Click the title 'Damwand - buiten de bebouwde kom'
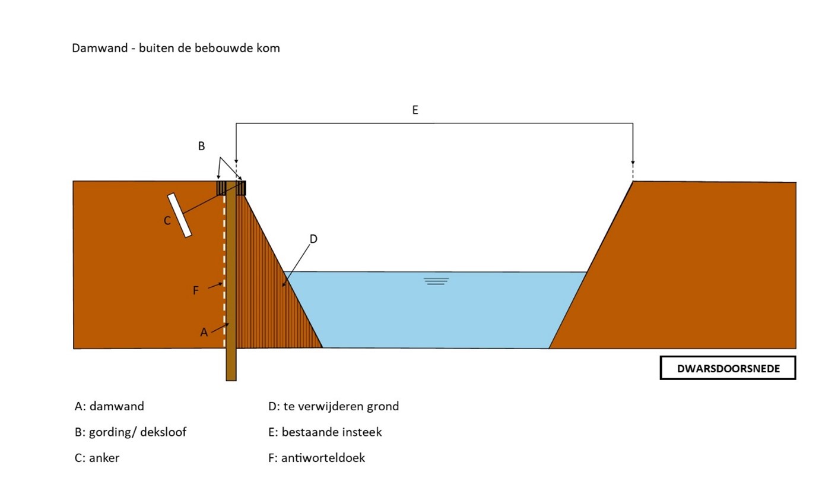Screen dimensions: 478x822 tap(176, 48)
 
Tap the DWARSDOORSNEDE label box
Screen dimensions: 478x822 tap(728, 368)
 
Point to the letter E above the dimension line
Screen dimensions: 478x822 tap(415, 110)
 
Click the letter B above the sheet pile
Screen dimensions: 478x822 tap(201, 146)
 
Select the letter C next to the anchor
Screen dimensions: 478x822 tap(167, 221)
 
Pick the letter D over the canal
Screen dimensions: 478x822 tap(313, 239)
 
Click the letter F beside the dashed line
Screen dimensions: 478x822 tap(196, 290)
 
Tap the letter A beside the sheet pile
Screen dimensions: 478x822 tap(204, 333)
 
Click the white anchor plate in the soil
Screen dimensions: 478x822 tap(180, 215)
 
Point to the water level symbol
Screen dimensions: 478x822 tap(436, 281)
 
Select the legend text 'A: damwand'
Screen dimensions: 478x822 tap(109, 407)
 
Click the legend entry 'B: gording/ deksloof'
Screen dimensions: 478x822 tap(131, 432)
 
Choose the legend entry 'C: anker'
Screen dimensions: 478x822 tap(97, 458)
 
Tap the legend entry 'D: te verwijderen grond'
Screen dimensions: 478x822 tap(334, 407)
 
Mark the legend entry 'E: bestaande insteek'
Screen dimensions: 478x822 tap(325, 432)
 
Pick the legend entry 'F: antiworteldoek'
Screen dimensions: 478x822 tap(316, 458)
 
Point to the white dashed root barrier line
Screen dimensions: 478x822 tap(224, 255)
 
